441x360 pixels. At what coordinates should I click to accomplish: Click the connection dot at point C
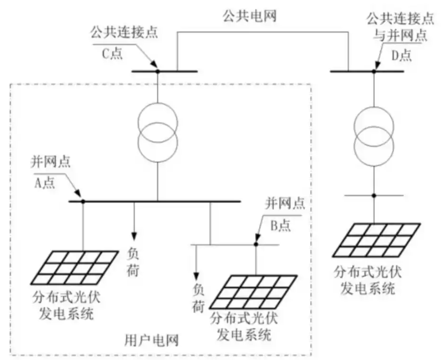pyautogui.click(x=158, y=71)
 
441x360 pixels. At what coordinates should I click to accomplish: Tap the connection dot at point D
pyautogui.click(x=373, y=71)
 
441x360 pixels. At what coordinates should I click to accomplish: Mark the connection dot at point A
pyautogui.click(x=83, y=201)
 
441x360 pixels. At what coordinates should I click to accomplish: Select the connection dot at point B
pyautogui.click(x=256, y=244)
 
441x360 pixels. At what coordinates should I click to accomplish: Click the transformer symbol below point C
pyautogui.click(x=158, y=127)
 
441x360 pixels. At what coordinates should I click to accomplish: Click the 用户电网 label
pyautogui.click(x=151, y=340)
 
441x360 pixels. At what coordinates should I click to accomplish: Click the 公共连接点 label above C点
pyautogui.click(x=115, y=34)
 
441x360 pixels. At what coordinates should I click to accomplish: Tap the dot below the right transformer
pyautogui.click(x=373, y=195)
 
